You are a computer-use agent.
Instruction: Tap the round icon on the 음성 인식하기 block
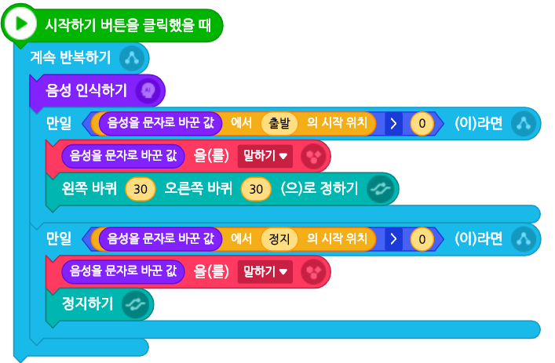point(147,91)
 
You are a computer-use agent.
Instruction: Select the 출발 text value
point(279,123)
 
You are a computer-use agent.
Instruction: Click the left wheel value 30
point(141,189)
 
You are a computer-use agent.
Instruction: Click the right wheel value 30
point(254,189)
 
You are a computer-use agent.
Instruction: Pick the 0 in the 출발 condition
point(422,123)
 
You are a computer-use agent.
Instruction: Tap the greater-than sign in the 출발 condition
point(392,123)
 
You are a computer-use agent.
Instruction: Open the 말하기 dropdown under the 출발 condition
point(265,156)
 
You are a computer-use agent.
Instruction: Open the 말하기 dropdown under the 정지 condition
point(265,271)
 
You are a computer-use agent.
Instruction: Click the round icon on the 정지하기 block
point(136,304)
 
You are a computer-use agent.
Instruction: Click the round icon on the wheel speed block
point(381,189)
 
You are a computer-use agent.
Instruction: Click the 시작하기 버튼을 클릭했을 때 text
point(128,24)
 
